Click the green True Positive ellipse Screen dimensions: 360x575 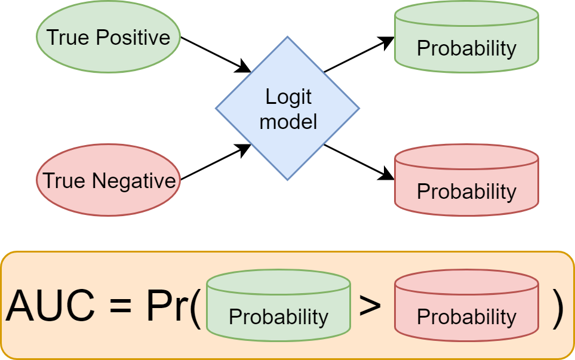tap(108, 37)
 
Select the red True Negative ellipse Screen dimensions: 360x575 tap(108, 180)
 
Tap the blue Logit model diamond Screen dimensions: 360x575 tap(287, 108)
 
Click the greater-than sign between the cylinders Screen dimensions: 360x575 tap(370, 306)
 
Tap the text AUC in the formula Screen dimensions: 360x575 tap(50, 306)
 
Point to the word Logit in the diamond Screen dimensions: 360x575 tap(288, 97)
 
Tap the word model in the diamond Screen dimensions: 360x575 tap(288, 121)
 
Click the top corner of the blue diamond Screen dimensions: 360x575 tap(287, 38)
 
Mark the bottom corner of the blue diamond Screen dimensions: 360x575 tap(287, 179)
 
